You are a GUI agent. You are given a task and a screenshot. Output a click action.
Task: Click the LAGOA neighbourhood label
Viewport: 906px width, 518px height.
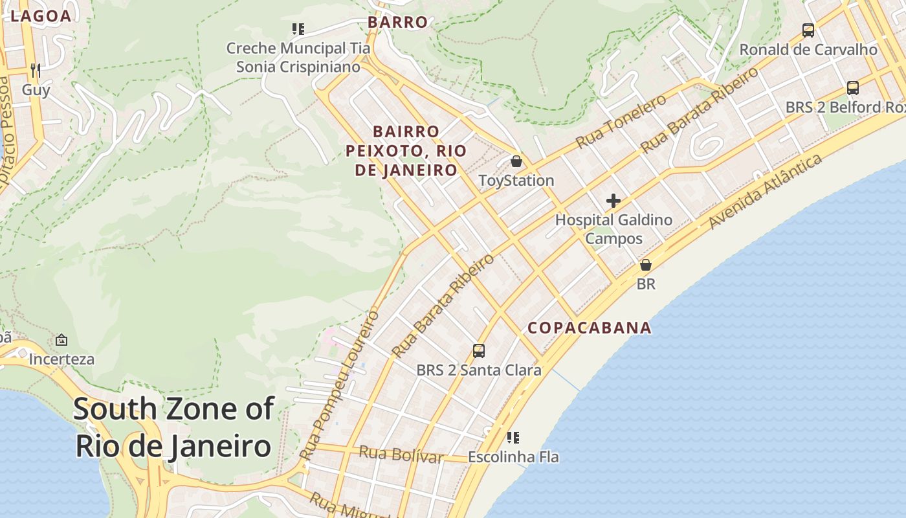pyautogui.click(x=40, y=16)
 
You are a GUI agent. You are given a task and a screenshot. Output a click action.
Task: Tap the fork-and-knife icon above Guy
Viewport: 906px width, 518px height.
pyautogui.click(x=36, y=70)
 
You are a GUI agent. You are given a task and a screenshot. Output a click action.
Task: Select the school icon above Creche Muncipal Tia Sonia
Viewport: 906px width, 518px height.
pyautogui.click(x=298, y=28)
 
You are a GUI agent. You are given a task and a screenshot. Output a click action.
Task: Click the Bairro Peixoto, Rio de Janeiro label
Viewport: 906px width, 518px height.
pyautogui.click(x=406, y=151)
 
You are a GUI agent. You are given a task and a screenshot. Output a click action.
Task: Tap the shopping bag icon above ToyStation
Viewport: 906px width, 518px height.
pyautogui.click(x=516, y=161)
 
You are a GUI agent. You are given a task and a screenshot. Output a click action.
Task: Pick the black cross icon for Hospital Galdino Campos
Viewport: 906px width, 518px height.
pyautogui.click(x=613, y=201)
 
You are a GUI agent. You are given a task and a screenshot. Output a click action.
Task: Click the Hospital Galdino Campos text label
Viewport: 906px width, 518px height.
pyautogui.click(x=613, y=229)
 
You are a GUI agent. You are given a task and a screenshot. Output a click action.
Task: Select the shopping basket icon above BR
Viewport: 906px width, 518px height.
pyautogui.click(x=645, y=265)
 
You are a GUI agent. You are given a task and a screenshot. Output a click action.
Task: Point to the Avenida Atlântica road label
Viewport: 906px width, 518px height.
pyautogui.click(x=766, y=192)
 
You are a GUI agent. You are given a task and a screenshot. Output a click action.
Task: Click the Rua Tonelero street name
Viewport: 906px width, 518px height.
pyautogui.click(x=621, y=121)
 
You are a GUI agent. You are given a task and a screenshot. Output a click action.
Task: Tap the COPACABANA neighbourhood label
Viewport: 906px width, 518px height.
pyautogui.click(x=590, y=328)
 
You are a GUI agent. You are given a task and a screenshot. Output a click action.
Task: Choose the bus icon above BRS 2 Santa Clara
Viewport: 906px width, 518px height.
pyautogui.click(x=479, y=351)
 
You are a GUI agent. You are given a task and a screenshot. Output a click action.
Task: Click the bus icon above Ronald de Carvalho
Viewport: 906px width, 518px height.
pyautogui.click(x=808, y=30)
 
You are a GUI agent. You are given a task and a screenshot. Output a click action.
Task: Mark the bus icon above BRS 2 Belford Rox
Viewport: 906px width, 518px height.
pyautogui.click(x=853, y=88)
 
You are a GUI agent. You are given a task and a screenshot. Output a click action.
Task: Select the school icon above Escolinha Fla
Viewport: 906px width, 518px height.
pyautogui.click(x=513, y=438)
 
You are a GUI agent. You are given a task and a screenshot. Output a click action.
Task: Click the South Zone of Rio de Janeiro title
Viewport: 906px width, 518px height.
pyautogui.click(x=173, y=427)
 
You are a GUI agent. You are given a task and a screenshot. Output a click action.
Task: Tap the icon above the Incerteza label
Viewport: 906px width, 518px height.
pyautogui.click(x=61, y=339)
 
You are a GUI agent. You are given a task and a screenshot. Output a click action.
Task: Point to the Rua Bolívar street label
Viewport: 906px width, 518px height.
pyautogui.click(x=401, y=454)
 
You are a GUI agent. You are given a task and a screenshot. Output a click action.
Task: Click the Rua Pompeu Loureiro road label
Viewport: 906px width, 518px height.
pyautogui.click(x=340, y=386)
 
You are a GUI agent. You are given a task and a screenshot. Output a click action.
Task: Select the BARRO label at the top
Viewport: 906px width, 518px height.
pyautogui.click(x=398, y=22)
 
